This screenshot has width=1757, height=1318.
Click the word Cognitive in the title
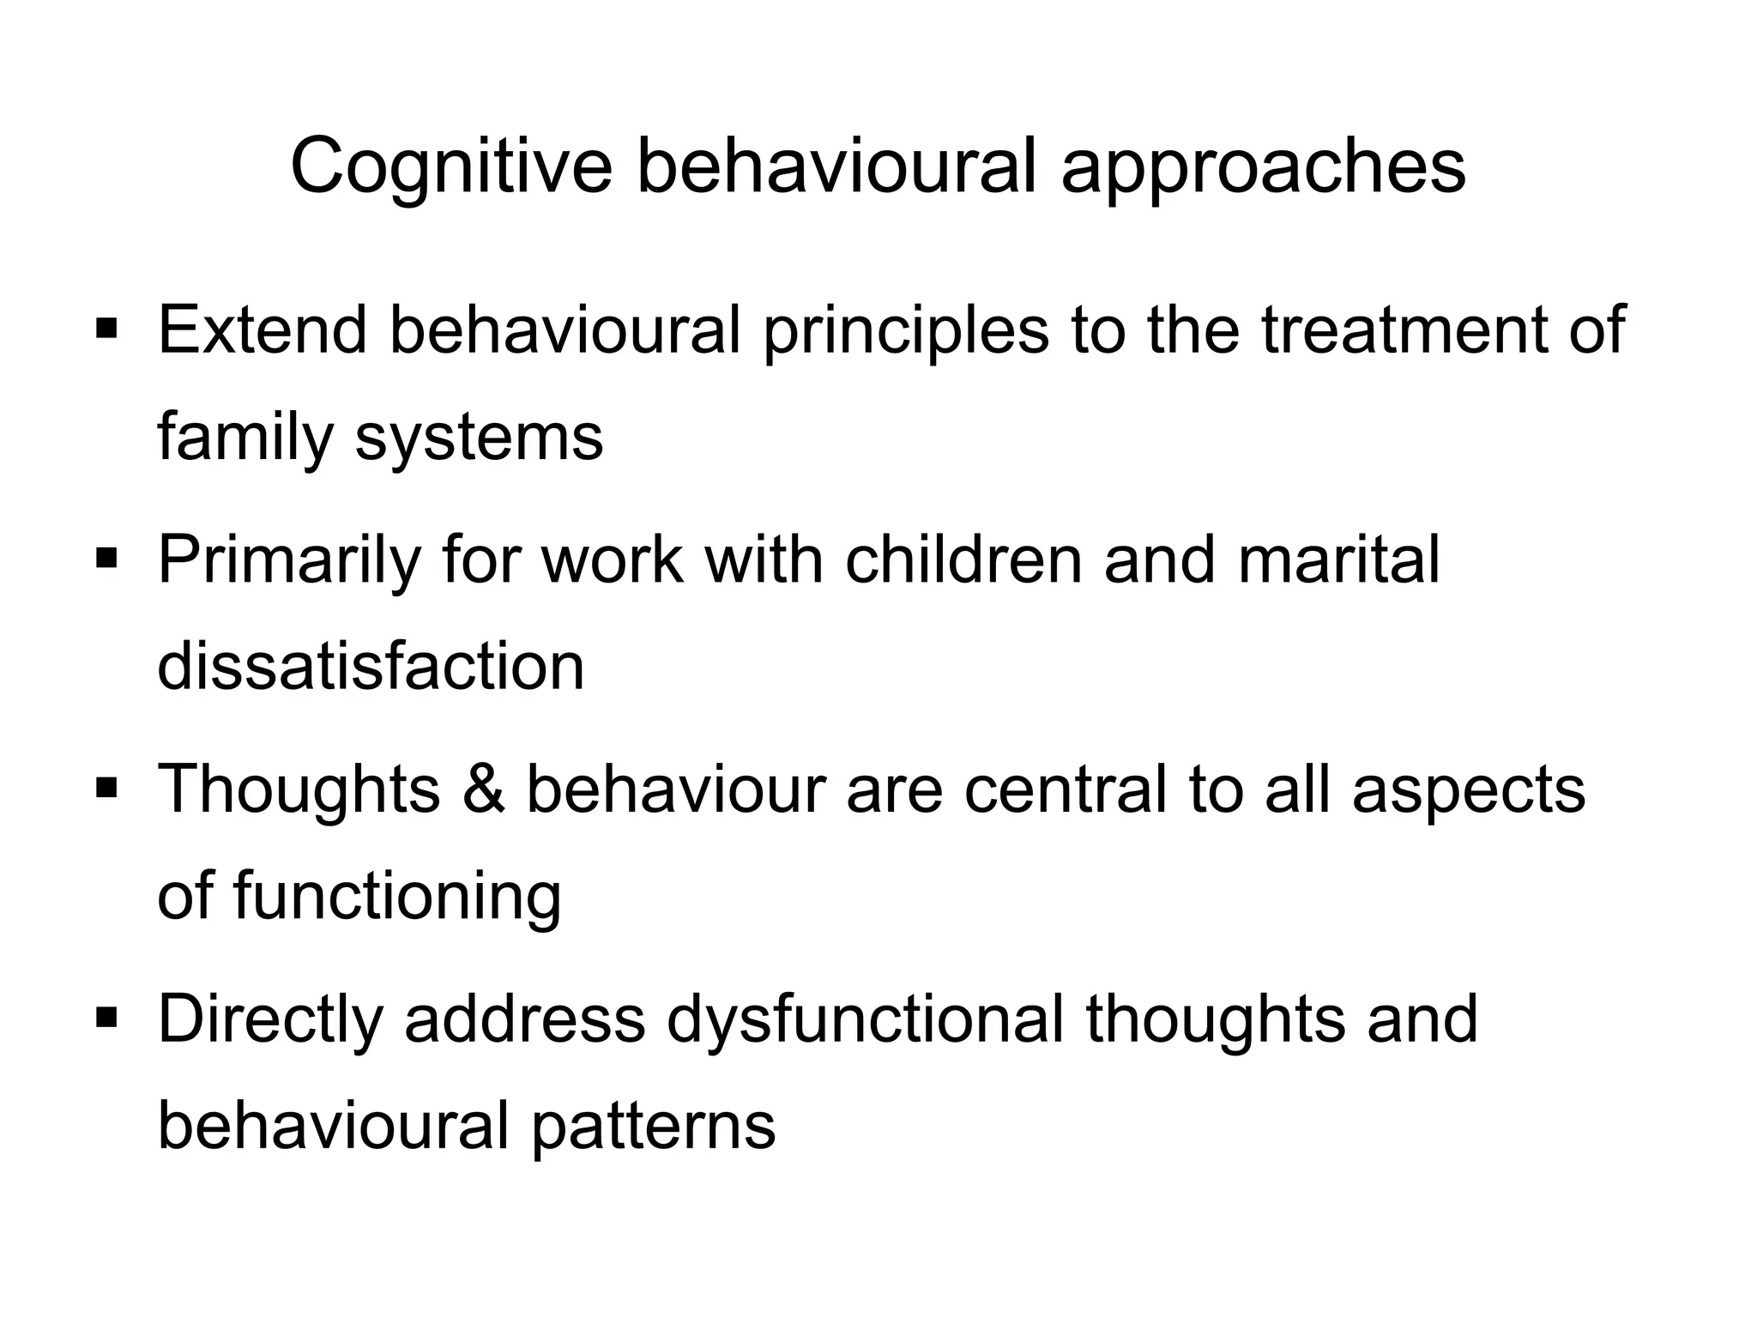pos(451,166)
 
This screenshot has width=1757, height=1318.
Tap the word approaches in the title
pos(1263,168)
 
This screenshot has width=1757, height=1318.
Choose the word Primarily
pos(289,561)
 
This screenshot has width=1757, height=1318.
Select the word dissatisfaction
pos(371,666)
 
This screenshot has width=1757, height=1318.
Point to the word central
pos(1066,789)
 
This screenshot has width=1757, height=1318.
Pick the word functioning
pos(397,898)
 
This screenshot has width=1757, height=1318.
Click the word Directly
pos(269,1019)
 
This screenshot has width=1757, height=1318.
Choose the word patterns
pos(654,1126)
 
